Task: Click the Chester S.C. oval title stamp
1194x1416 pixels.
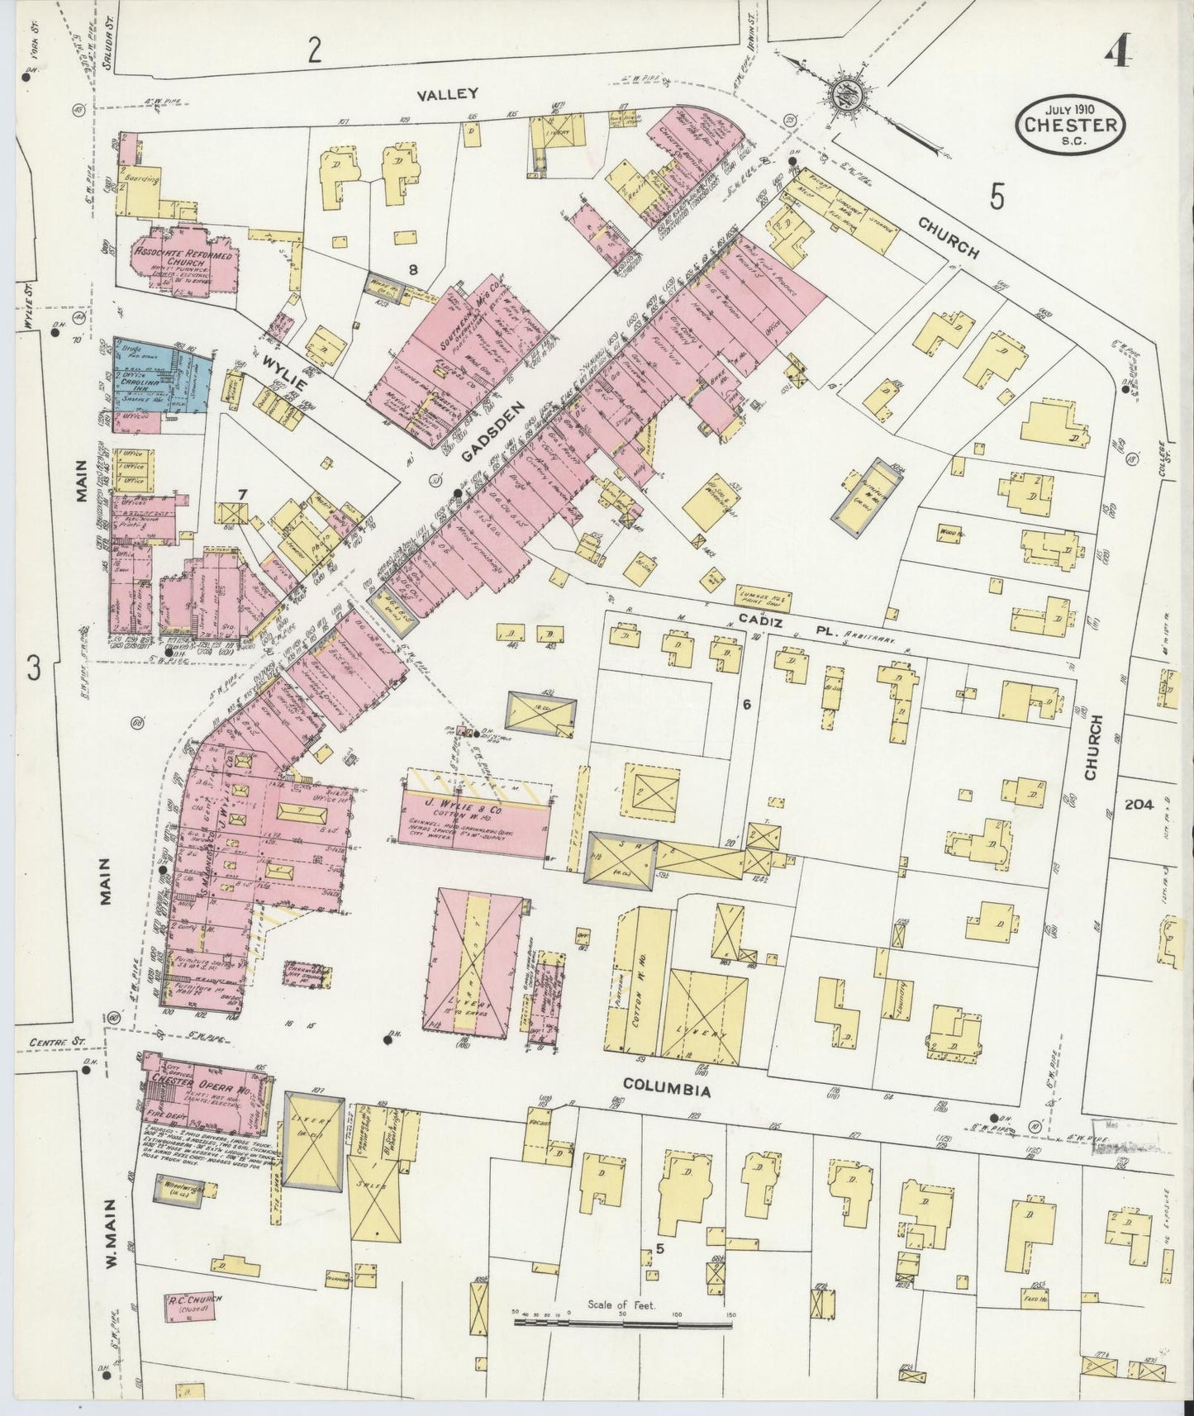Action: click(x=1070, y=125)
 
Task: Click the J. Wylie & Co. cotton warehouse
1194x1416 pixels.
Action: click(x=475, y=824)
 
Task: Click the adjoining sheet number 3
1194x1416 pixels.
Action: click(x=34, y=668)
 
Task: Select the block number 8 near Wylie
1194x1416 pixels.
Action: click(x=412, y=269)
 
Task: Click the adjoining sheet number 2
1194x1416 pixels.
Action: click(x=314, y=52)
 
